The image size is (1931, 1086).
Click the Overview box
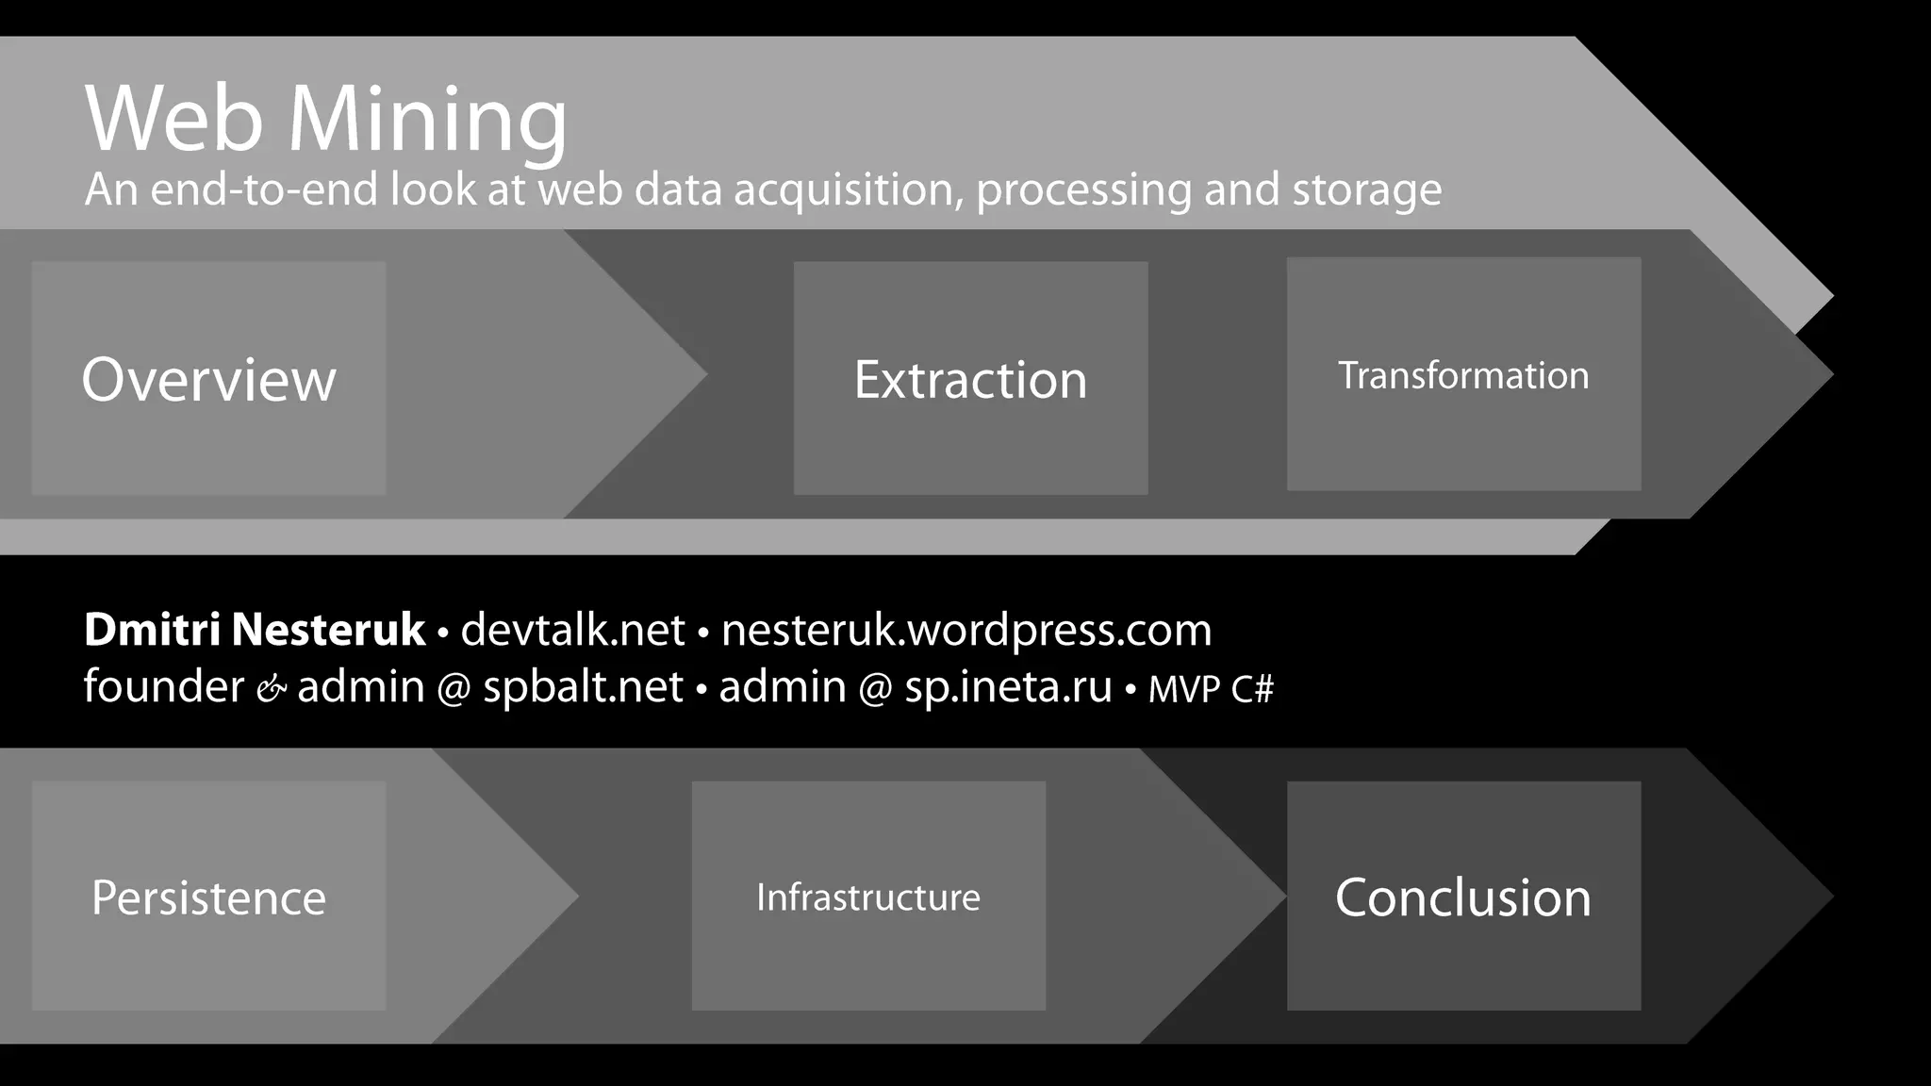coord(208,378)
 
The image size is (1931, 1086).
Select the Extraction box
coord(970,378)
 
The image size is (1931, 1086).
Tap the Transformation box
coord(1463,374)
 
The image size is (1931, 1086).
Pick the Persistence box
coord(208,896)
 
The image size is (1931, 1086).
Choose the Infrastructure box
coord(868,896)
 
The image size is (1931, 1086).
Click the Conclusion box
coord(1463,896)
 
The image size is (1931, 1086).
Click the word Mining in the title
coord(427,120)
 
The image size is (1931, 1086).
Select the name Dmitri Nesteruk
coord(255,630)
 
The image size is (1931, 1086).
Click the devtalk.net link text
coord(572,630)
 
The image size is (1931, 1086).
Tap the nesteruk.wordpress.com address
coord(966,630)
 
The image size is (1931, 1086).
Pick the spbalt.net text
coord(583,686)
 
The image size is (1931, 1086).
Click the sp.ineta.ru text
coord(1008,686)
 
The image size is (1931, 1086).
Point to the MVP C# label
coord(1211,689)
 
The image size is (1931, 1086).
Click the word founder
coord(164,685)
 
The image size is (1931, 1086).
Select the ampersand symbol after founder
coord(271,690)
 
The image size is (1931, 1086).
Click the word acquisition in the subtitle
coord(848,190)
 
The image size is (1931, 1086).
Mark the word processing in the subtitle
coord(1083,190)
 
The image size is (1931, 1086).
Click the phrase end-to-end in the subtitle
coord(265,189)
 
